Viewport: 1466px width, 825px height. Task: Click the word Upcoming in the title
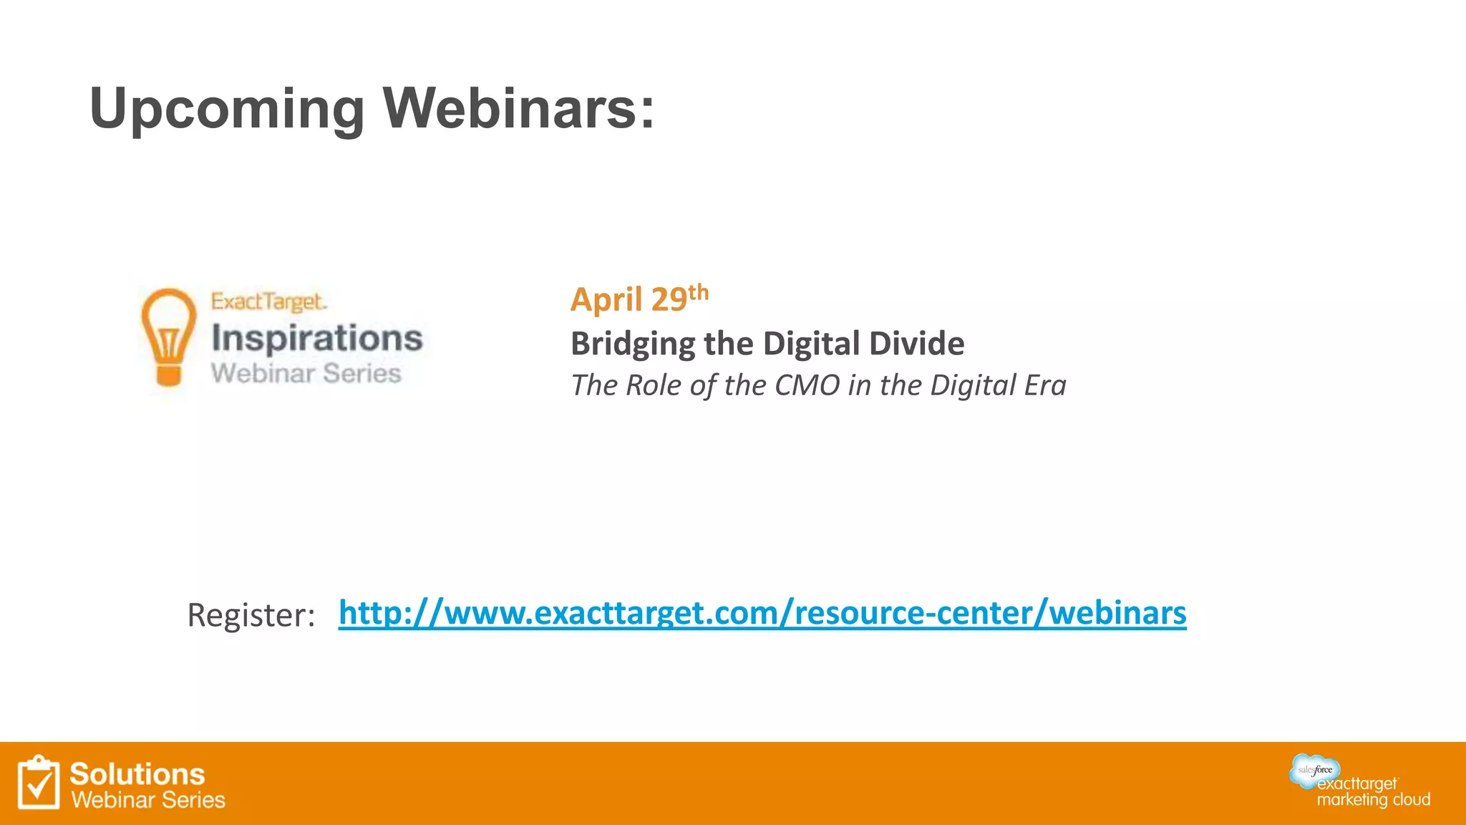[227, 109]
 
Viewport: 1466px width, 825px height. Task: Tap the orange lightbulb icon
[169, 337]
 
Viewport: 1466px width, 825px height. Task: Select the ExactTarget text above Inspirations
[268, 301]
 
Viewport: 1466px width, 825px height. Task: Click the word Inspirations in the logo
[317, 339]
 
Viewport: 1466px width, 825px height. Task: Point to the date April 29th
[639, 298]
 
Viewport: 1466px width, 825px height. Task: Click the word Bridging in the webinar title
[632, 344]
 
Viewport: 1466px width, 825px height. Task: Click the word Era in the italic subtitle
[1045, 385]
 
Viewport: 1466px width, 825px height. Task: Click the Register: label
[251, 615]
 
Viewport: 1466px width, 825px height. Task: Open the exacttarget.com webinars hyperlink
[762, 613]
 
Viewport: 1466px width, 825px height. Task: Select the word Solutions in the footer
[137, 774]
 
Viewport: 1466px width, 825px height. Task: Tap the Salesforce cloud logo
[1315, 770]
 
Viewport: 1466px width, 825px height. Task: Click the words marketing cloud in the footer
[1373, 800]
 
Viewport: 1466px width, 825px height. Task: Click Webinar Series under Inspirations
[306, 374]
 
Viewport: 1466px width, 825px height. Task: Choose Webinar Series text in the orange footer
[148, 800]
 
